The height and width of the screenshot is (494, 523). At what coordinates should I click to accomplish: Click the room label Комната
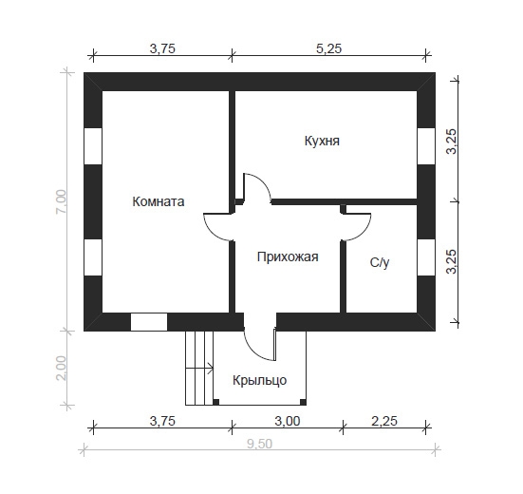tap(159, 201)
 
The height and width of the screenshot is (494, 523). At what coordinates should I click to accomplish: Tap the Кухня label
tap(322, 141)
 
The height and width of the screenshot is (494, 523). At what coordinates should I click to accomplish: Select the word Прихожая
tap(288, 257)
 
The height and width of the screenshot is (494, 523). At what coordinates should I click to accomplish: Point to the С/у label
tap(380, 263)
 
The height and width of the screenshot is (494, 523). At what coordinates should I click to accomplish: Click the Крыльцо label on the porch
tap(259, 380)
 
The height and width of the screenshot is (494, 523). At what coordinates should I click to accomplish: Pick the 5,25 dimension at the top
tap(328, 48)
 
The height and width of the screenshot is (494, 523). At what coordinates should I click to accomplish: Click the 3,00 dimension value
tap(288, 421)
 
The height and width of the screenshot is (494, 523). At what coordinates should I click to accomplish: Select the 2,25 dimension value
tap(384, 421)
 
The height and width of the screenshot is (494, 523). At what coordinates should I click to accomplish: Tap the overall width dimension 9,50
tap(259, 444)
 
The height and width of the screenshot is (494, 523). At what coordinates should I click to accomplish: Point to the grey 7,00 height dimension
tap(62, 202)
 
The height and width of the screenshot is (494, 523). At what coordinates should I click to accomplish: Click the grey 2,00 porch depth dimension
tap(62, 368)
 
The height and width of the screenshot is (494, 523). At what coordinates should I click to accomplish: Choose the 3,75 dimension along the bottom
tap(162, 421)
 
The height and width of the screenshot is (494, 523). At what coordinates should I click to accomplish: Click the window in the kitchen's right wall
tap(426, 146)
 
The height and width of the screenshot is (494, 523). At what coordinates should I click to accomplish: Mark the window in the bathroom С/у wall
tap(426, 257)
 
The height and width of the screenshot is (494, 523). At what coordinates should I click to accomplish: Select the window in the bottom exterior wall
tap(149, 322)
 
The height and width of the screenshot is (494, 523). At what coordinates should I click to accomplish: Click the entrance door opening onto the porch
tap(260, 345)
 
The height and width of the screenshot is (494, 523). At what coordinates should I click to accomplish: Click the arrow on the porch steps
tap(199, 369)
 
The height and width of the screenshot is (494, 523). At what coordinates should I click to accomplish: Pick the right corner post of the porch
tap(303, 402)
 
